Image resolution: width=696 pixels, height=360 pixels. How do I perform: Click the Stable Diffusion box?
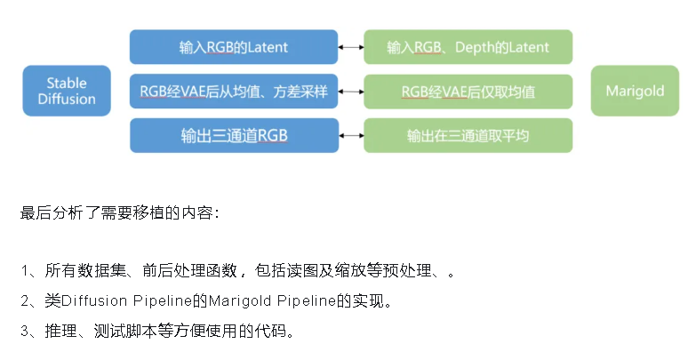click(67, 91)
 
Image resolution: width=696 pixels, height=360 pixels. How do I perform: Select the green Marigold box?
click(635, 91)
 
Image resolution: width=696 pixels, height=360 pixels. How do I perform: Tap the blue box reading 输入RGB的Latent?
click(233, 46)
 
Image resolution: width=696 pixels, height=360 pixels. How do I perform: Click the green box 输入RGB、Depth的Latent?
click(468, 46)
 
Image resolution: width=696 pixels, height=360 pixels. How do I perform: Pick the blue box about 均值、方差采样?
click(233, 91)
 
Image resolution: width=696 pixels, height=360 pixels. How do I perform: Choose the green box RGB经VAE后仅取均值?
click(468, 91)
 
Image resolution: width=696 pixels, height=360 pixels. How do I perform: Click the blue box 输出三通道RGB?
click(233, 135)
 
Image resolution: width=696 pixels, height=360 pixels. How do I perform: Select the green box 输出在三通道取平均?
click(468, 135)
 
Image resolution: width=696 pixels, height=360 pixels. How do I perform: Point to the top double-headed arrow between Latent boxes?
click(351, 46)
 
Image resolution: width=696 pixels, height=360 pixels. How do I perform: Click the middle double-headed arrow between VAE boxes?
click(351, 91)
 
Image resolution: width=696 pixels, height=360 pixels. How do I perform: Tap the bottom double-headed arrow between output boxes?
click(351, 135)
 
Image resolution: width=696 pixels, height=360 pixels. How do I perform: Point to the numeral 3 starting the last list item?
click(24, 331)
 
